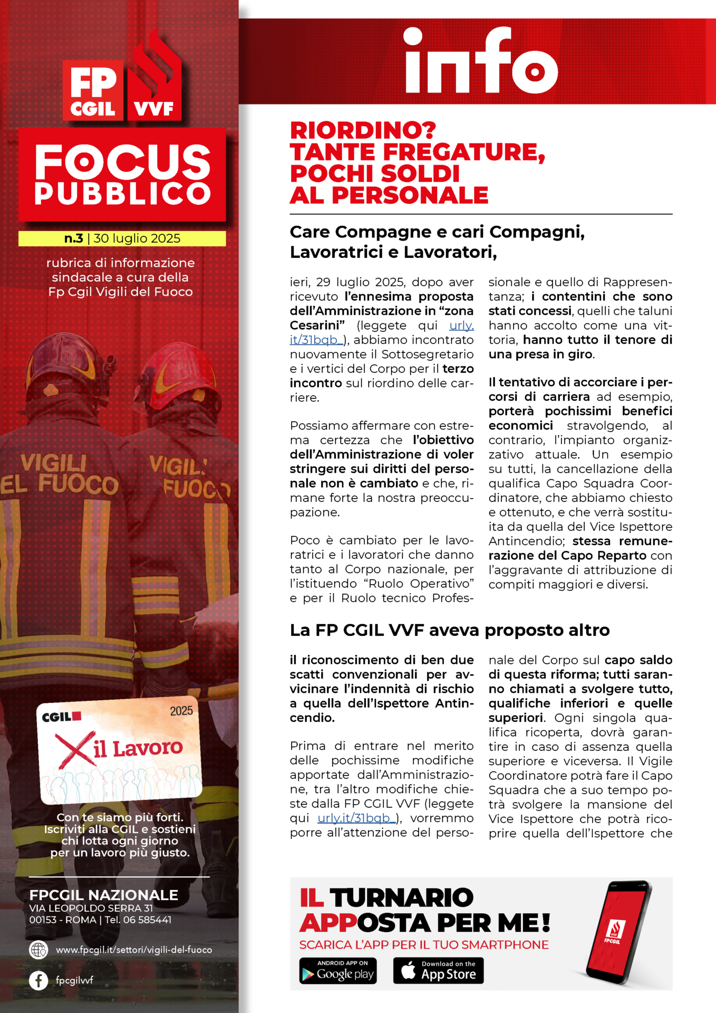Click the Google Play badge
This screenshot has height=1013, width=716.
click(x=338, y=971)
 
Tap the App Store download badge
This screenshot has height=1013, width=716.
click(x=438, y=971)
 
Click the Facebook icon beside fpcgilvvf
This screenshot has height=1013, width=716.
click(x=38, y=980)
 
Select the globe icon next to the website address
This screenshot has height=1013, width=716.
click(x=38, y=950)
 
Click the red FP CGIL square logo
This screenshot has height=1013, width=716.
click(x=93, y=90)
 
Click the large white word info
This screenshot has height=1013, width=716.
click(x=480, y=62)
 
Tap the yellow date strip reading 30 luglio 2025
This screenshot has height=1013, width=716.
click(x=122, y=238)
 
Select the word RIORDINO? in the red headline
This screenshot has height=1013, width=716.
click(x=363, y=130)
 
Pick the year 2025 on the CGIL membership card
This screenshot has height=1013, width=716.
click(x=181, y=711)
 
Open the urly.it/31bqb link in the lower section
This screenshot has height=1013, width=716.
click(x=356, y=818)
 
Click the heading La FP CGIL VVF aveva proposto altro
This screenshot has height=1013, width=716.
click(x=450, y=630)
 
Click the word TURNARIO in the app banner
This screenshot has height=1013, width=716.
click(x=401, y=897)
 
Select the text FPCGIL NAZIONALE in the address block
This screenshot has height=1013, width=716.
click(x=104, y=895)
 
